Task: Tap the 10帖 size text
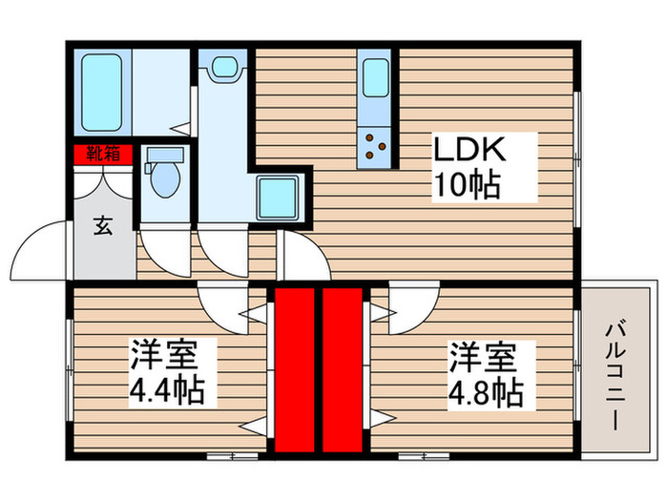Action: point(469,185)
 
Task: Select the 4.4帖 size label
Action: point(167,391)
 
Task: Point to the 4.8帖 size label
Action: point(487,391)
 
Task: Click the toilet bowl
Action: point(165,176)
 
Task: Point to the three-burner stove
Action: point(375,145)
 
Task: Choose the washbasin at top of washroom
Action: point(224,68)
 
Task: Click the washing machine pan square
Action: point(280,198)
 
